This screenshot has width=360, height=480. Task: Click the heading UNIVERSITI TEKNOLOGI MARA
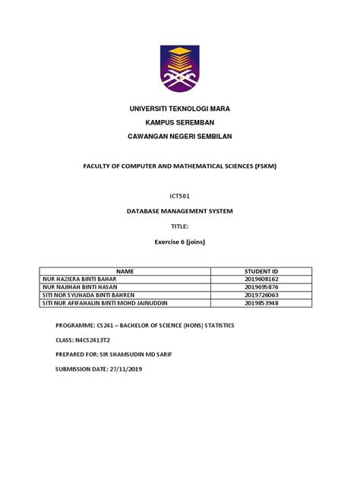point(180,109)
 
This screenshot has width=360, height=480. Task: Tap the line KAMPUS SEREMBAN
point(180,122)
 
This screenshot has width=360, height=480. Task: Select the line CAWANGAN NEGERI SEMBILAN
point(180,136)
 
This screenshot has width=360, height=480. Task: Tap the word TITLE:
point(180,226)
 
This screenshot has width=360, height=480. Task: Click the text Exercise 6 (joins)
point(180,242)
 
